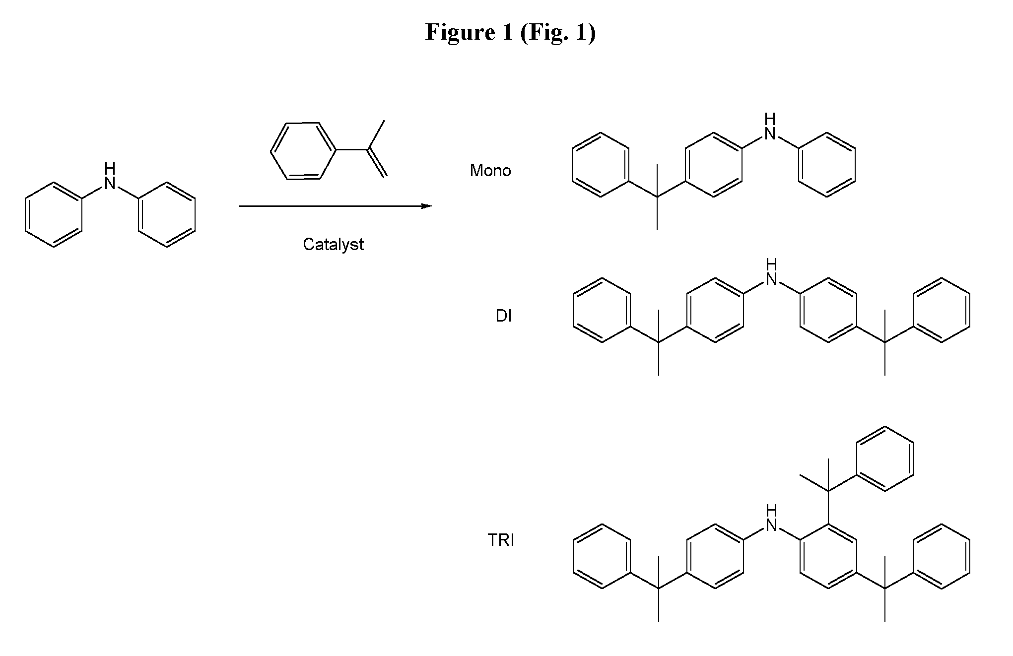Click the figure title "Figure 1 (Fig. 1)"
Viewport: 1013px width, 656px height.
pos(510,33)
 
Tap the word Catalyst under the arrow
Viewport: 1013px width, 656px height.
pos(334,245)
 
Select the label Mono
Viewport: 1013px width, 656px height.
pos(490,171)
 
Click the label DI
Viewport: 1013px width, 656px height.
pos(503,316)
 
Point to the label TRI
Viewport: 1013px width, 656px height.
pos(501,540)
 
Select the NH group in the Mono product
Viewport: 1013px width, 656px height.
pos(770,127)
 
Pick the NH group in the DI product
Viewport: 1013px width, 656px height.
pos(771,272)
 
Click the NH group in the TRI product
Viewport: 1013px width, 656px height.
pos(771,518)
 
